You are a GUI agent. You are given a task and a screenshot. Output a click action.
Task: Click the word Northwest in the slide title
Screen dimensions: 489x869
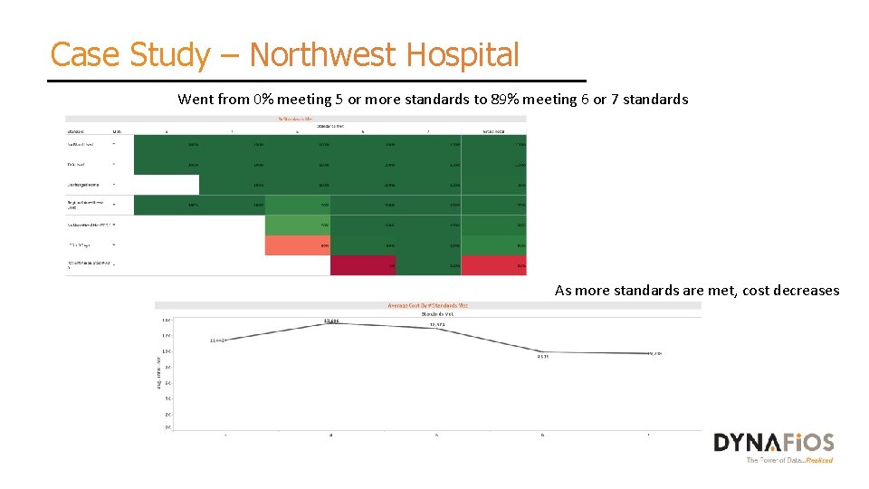320,55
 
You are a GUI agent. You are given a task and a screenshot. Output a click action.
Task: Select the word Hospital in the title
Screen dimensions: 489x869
463,55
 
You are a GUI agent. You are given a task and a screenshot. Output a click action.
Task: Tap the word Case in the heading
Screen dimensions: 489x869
84,55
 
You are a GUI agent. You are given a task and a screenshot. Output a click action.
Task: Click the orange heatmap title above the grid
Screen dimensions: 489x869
295,117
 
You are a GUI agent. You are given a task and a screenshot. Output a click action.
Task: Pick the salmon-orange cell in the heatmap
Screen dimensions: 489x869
297,245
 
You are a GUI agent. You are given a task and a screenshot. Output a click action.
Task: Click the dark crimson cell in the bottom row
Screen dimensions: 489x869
362,265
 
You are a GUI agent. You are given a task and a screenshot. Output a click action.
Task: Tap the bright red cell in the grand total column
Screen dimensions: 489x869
494,265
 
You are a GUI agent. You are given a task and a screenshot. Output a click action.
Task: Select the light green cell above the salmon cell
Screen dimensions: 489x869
297,225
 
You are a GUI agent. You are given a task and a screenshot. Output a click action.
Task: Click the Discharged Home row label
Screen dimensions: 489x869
86,184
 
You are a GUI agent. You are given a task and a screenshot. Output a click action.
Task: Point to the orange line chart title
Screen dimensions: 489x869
428,305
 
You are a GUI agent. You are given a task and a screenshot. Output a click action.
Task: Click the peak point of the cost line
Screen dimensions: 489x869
331,323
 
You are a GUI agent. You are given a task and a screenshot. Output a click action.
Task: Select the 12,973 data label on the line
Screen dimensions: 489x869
437,324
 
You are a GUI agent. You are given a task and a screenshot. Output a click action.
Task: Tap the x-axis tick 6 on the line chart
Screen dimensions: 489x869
543,436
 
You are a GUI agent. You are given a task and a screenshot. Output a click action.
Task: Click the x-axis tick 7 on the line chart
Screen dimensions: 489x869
648,436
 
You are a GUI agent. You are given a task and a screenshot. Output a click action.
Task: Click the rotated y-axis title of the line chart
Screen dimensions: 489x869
159,371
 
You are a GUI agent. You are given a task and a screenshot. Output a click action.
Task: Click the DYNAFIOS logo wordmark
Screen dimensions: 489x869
773,442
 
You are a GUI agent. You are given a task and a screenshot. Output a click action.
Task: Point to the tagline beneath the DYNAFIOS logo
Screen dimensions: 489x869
789,460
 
